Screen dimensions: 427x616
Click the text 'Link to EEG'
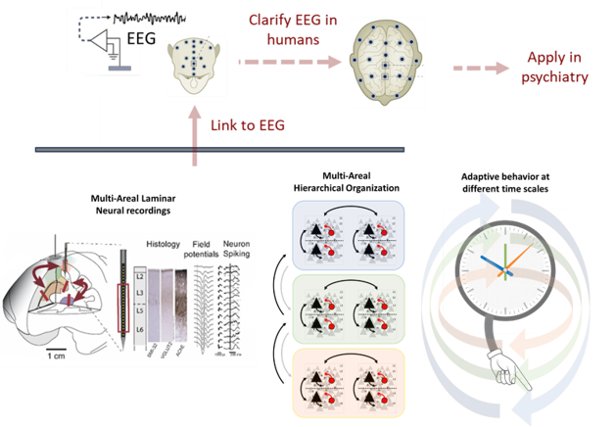249,125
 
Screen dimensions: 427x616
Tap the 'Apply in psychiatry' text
557,68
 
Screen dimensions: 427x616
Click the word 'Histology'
166,242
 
